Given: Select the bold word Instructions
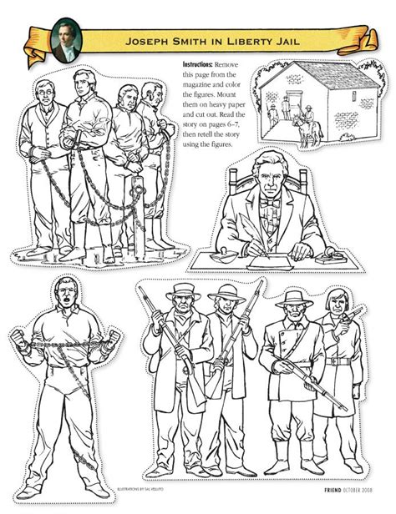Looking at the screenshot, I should (x=197, y=63).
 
